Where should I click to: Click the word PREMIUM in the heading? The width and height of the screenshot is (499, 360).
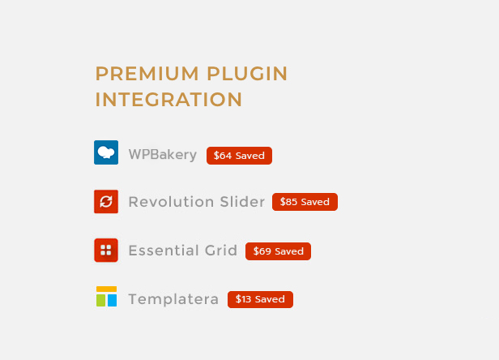pos(147,74)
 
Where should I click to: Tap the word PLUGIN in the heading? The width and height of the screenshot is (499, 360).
pos(247,74)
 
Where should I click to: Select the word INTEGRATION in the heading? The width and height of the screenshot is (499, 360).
pos(169,100)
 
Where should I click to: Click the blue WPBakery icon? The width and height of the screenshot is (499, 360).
pos(106,152)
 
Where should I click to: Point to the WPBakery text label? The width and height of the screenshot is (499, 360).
pos(163,155)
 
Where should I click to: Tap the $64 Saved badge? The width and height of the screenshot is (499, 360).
pos(239,156)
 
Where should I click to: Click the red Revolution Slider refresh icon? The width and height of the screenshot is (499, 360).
pos(106,202)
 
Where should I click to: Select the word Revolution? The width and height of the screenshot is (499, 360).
pos(171,202)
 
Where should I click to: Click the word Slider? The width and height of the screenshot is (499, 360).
pos(242,202)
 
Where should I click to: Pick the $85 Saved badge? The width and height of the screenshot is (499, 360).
pos(305,202)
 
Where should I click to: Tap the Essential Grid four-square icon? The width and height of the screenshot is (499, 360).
pos(106,250)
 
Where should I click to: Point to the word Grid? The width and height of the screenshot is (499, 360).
pos(221,251)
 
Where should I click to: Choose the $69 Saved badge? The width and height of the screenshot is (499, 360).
pos(278,251)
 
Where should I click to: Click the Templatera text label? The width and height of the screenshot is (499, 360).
pos(173,299)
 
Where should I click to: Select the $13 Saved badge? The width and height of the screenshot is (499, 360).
pos(260,299)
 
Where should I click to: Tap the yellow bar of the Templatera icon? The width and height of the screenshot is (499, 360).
pos(107,289)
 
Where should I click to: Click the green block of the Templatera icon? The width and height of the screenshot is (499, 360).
pos(101,301)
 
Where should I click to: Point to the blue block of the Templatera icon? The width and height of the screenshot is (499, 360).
pos(113,301)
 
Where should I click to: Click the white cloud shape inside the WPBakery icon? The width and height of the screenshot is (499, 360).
pos(106,152)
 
